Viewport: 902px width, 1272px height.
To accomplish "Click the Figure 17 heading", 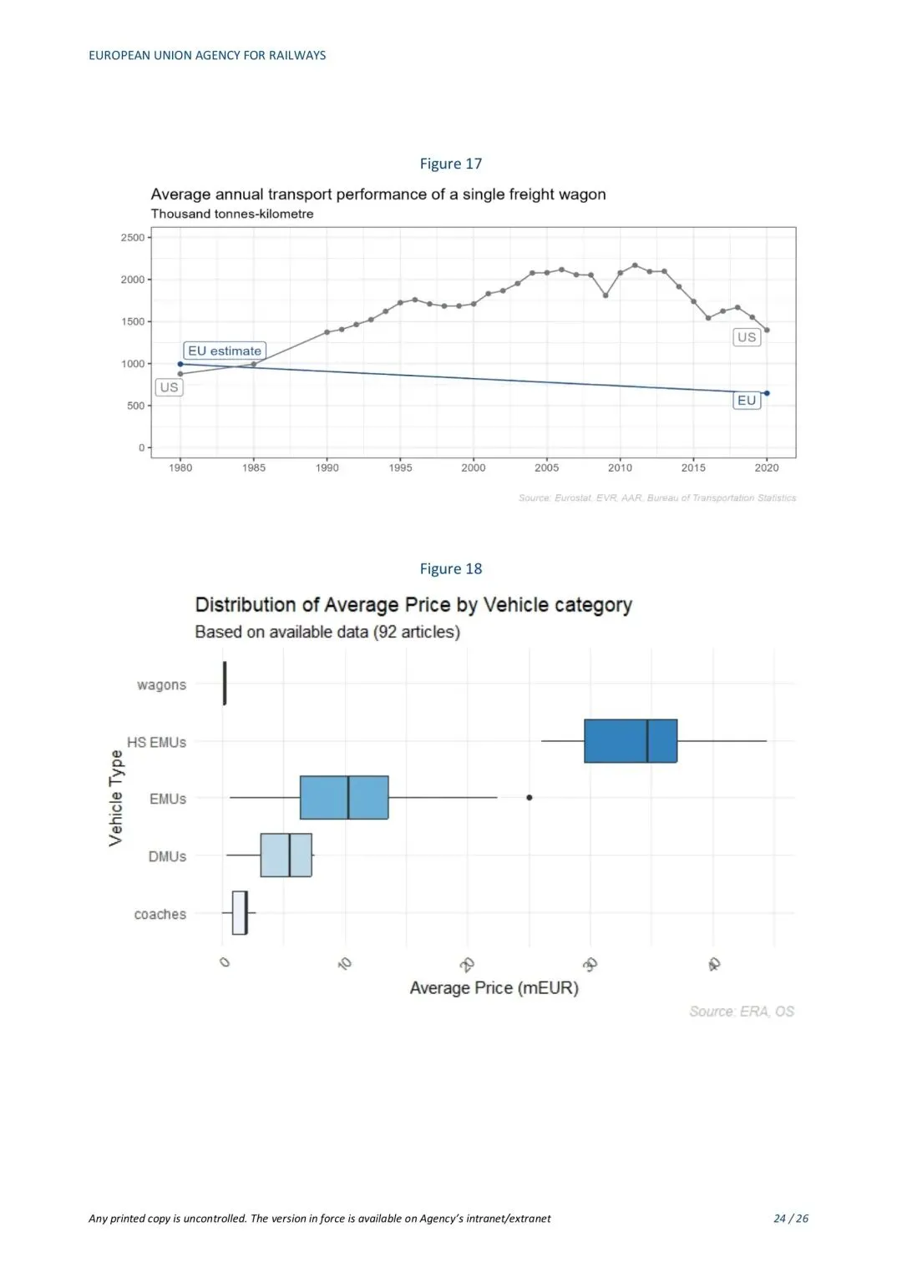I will (x=450, y=164).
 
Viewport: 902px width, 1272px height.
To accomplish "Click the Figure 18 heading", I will (x=450, y=568).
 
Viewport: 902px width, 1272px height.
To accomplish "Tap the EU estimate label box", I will (x=224, y=351).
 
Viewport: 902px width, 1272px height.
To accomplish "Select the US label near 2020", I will (x=746, y=337).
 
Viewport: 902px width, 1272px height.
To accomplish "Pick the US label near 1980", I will (x=169, y=387).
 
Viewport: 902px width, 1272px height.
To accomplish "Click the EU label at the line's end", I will (x=746, y=401).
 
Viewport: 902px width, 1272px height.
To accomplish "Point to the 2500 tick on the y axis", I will (x=133, y=238).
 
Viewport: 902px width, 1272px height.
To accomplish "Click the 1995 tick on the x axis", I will (x=400, y=468).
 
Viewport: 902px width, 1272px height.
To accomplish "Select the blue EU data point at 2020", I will (x=767, y=393).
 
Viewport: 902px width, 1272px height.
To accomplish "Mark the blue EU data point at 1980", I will (x=180, y=364).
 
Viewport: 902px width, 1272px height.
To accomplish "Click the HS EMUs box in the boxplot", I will (x=630, y=740).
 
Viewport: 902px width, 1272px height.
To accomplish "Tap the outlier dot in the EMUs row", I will (x=529, y=798).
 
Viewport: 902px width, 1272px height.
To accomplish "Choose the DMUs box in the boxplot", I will (x=286, y=855).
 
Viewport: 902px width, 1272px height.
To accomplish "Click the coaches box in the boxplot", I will (x=239, y=912).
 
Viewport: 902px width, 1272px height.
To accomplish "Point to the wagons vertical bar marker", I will (x=225, y=683).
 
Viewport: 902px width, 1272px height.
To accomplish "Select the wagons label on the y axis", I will (x=161, y=685).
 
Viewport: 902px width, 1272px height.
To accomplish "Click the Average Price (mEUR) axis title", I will (x=494, y=988).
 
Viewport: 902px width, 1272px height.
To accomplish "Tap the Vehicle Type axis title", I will (x=116, y=798).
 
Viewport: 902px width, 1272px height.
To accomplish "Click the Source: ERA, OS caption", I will (x=741, y=1012).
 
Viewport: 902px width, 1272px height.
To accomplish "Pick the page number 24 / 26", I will (x=790, y=1219).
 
